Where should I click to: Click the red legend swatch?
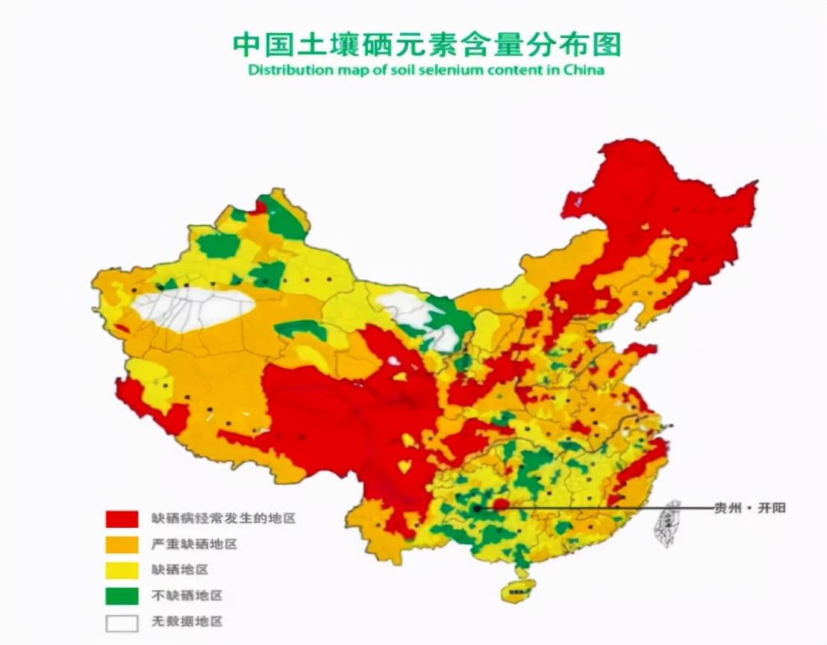click(x=122, y=518)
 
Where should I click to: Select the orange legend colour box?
click(x=122, y=544)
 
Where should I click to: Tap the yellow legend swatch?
click(x=122, y=570)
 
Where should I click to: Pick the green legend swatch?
click(x=122, y=596)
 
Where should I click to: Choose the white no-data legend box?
click(x=122, y=622)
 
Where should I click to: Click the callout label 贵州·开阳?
click(x=749, y=508)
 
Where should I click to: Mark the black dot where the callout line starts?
click(x=476, y=508)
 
